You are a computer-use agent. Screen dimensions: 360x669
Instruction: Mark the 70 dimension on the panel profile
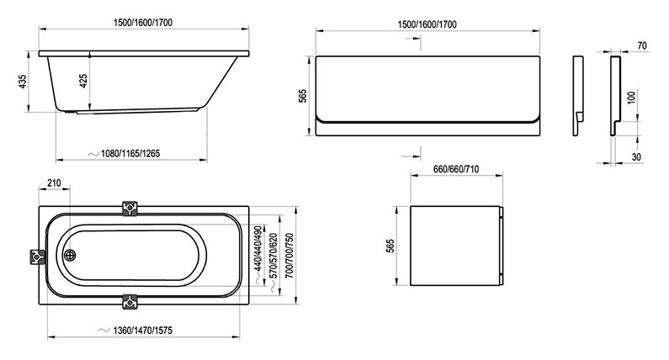point(642,44)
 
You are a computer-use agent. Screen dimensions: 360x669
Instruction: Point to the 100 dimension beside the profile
point(630,96)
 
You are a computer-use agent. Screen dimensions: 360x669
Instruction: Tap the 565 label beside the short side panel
point(389,246)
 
